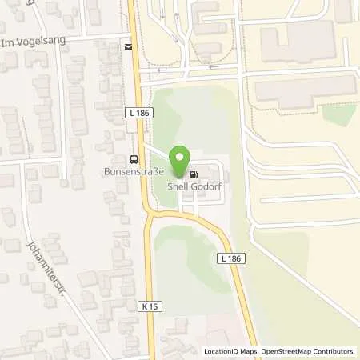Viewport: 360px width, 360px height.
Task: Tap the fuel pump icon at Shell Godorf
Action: [194, 174]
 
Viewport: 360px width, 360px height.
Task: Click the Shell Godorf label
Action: [194, 187]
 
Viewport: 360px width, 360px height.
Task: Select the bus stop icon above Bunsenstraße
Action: [133, 158]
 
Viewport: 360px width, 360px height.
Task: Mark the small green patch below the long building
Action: [339, 114]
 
